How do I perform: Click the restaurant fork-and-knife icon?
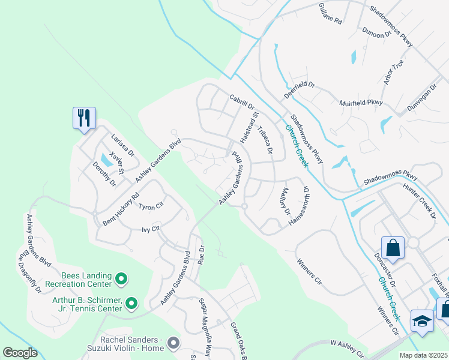coord(84,118)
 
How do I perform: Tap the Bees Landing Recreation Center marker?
coord(121,278)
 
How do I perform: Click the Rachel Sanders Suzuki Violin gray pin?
coord(173,343)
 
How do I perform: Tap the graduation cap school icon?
coord(422,321)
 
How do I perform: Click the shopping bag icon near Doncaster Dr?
coord(393,248)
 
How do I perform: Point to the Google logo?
coord(20,353)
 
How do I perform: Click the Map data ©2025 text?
coord(423,355)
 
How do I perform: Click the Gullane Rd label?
coord(330,13)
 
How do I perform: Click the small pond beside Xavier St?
coord(106,160)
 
